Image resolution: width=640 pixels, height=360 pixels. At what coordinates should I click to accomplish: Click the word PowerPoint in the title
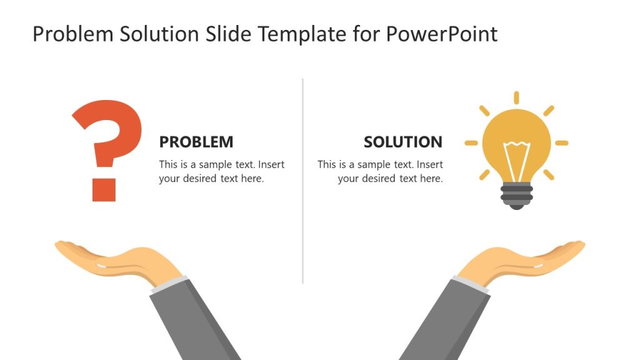coord(442,34)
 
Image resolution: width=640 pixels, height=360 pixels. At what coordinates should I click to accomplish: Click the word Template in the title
coord(302,34)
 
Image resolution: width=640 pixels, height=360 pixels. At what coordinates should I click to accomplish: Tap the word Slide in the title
coord(228,34)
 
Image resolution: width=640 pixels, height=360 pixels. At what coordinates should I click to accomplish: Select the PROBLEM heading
coord(196,142)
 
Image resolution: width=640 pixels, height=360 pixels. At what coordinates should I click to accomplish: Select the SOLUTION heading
coord(403,142)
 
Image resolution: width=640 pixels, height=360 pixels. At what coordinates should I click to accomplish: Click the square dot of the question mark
coord(104,190)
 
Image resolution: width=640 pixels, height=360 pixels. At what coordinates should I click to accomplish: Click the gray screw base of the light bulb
coord(517,196)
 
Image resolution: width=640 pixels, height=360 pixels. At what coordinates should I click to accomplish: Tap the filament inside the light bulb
coord(517,160)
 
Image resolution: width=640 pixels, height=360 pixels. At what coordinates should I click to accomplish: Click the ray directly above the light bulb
coord(516,98)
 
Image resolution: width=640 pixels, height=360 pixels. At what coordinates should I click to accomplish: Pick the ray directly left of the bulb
coord(471,143)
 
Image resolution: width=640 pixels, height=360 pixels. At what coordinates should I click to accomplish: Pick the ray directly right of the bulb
coord(562,143)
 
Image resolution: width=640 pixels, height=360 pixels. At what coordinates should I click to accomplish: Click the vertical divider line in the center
coord(303,181)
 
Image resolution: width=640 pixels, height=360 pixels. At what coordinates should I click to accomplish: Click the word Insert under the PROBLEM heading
coord(271,164)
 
